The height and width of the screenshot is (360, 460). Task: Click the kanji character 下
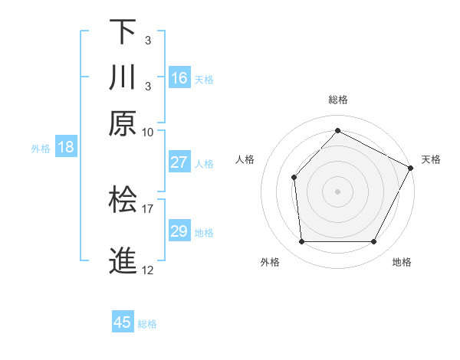coord(123,31)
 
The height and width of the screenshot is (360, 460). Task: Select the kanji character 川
coord(123,77)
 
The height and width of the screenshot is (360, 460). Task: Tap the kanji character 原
coord(123,123)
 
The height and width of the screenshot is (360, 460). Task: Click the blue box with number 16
coord(179,78)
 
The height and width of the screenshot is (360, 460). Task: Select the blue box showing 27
coord(179,162)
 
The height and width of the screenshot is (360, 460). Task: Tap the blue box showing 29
coord(179,231)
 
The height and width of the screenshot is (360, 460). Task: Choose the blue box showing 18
coord(66,147)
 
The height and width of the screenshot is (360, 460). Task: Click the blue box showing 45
coord(123,322)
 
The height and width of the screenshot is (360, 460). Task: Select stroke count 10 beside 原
coord(148,131)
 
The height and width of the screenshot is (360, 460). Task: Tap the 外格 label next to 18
coord(41,149)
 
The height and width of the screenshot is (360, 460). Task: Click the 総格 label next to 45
coord(147,324)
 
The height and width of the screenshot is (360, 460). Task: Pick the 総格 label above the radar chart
coord(337,100)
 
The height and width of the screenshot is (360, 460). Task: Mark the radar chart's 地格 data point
coord(373,242)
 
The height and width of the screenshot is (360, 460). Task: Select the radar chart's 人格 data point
coord(294,177)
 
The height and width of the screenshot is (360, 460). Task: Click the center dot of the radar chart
coord(337,191)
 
